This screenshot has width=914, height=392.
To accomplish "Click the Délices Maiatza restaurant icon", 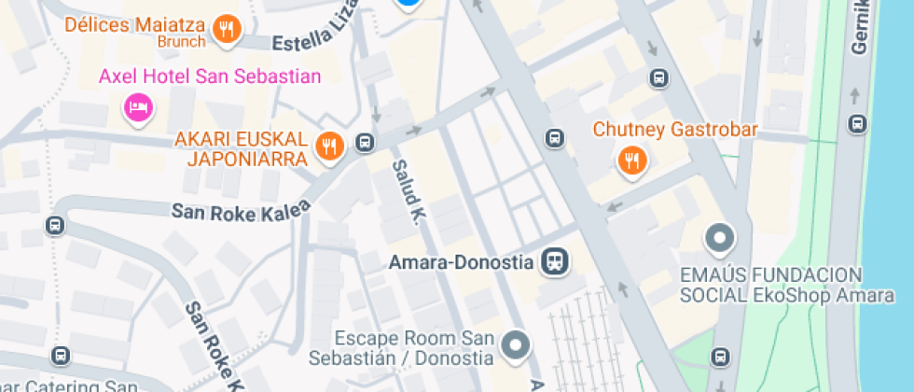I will pos(226,30).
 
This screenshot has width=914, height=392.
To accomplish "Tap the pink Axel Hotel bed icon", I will pos(138,108).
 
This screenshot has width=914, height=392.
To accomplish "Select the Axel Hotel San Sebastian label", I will pos(210,77).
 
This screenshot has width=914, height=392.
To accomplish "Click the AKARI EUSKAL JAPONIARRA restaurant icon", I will pos(328,145).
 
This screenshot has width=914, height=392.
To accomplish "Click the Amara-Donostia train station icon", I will pos(557,261).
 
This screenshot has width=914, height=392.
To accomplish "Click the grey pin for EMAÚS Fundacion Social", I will pos(719,239).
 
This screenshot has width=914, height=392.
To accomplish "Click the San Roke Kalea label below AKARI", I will pos(241,212).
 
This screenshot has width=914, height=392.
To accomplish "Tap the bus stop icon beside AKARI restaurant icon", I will pos(366,144).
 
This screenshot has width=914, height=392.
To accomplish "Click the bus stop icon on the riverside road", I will pos(857,122).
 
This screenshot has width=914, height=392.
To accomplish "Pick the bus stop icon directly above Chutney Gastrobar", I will pos(658,78).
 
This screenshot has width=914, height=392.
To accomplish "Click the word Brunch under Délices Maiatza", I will pos(182,42).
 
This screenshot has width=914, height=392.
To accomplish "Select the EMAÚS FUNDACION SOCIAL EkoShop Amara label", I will pos(786,285).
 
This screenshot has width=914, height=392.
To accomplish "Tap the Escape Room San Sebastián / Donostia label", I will pos(414,347).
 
